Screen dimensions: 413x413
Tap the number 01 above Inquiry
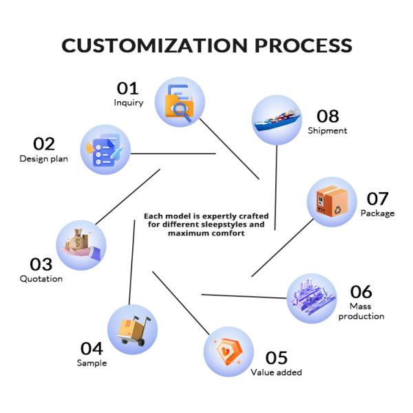click(127, 88)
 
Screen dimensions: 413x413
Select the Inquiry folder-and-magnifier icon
click(180, 102)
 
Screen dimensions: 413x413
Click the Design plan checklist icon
click(105, 149)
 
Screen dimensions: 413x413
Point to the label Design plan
click(43, 159)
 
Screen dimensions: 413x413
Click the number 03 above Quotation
click(41, 264)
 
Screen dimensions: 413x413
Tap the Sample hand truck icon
click(132, 329)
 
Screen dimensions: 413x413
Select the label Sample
click(92, 363)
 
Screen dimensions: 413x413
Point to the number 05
click(276, 358)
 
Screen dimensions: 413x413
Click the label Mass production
click(361, 311)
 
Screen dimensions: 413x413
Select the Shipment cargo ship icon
click(277, 119)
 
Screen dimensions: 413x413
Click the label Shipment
click(327, 130)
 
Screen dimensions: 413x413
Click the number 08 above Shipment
click(328, 116)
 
